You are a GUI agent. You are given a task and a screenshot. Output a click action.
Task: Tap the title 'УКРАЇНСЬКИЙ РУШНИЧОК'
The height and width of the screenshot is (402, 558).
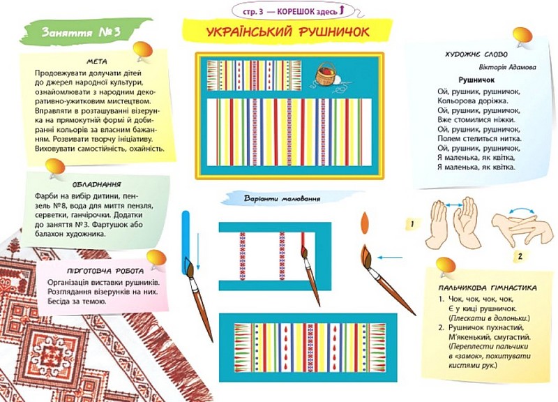pos(288,32)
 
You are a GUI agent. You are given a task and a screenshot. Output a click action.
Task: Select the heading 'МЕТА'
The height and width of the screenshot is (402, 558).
pos(98,61)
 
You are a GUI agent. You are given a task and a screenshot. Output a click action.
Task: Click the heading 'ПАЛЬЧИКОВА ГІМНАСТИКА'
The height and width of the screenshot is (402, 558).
pos(483,287)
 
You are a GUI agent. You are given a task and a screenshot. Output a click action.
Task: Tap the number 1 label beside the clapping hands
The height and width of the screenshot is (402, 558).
pos(412,224)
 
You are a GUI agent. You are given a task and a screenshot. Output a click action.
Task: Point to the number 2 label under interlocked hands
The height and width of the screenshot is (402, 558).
pos(519,256)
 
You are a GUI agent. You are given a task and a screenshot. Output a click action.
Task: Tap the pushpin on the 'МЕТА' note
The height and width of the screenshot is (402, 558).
pos(142,50)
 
